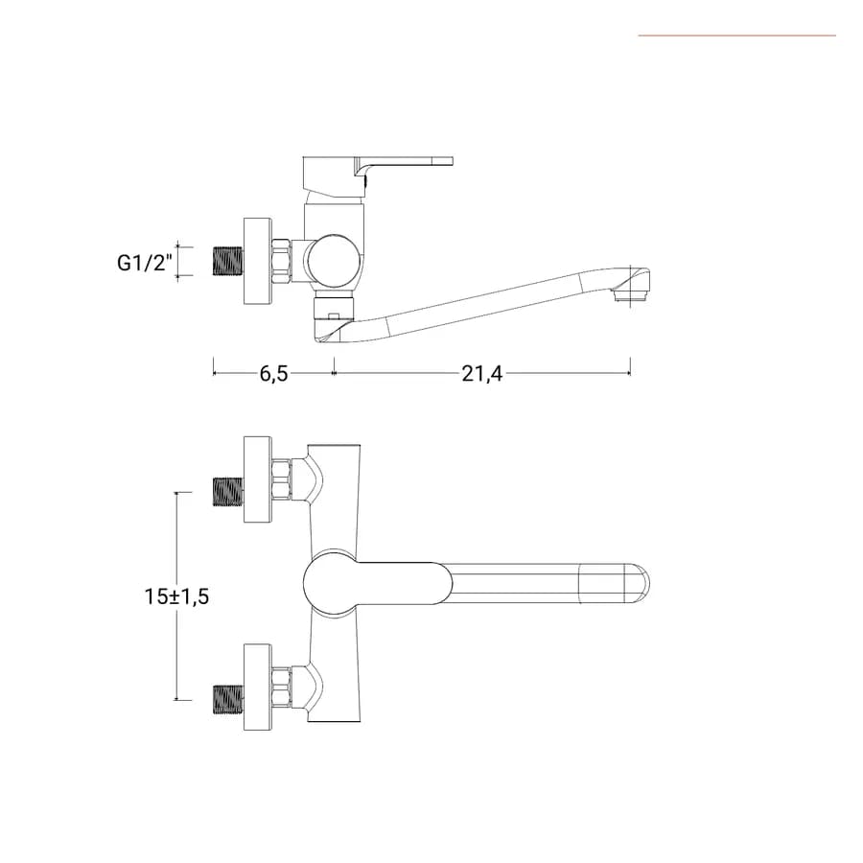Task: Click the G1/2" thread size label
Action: point(145,262)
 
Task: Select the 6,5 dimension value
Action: point(273,374)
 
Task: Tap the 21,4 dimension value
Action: point(482,374)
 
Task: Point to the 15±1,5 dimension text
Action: point(176,596)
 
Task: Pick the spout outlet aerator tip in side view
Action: point(631,296)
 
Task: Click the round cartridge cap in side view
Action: point(334,262)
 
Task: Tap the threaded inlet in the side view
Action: point(228,262)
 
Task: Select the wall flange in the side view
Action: point(258,261)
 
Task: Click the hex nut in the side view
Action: point(282,262)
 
